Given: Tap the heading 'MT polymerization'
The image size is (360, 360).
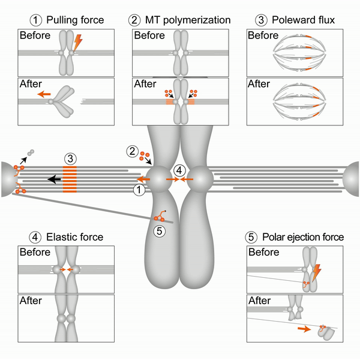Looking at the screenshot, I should pyautogui.click(x=186, y=20).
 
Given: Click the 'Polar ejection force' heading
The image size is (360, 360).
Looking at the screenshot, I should pyautogui.click(x=304, y=237).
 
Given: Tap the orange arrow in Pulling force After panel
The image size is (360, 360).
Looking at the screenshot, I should pyautogui.click(x=44, y=94).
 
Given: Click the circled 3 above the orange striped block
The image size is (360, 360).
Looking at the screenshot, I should pyautogui.click(x=71, y=159).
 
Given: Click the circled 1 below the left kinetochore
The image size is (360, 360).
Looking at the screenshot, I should pyautogui.click(x=138, y=190).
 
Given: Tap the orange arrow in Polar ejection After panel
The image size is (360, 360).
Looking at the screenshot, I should pyautogui.click(x=302, y=329).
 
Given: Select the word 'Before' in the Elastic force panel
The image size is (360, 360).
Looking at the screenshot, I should pyautogui.click(x=35, y=253).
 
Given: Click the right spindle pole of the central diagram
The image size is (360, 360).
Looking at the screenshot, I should pyautogui.click(x=352, y=178).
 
